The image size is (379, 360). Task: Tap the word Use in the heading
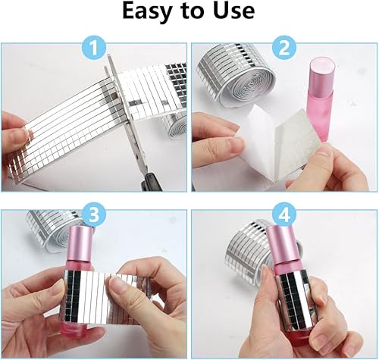click(234, 11)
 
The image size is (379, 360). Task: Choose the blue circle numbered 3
click(94, 214)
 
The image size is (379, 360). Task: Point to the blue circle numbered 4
click(284, 214)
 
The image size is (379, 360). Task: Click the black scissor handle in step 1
click(152, 182)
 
